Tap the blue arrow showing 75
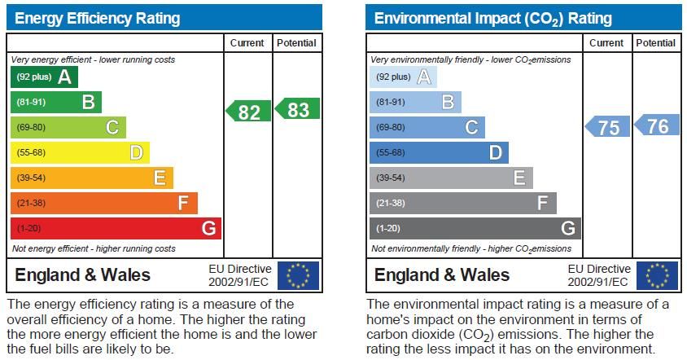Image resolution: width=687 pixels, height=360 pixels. coord(607,127)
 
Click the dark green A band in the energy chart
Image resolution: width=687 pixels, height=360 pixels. coord(44,77)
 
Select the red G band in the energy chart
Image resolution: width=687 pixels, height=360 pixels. coord(115,228)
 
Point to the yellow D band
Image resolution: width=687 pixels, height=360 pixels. coord(80,152)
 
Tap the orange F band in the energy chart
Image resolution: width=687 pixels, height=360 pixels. coord(103,203)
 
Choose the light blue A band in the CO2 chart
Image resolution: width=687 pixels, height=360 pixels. coord(404,77)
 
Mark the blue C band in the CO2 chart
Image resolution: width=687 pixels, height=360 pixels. coord(427,127)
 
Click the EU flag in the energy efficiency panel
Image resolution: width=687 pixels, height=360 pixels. coord(298,275)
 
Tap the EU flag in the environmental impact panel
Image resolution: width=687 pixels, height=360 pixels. coord(657,275)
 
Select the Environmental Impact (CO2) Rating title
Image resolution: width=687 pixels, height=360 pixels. coord(492,18)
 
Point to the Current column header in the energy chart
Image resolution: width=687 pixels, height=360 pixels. coord(247,43)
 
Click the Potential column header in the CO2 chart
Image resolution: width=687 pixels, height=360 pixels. coord(656,43)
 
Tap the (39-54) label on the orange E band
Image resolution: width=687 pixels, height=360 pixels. coord(31,178)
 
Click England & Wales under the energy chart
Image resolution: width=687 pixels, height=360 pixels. coord(82,275)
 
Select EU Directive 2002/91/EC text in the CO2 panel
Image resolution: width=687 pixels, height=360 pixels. coord(598,275)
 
